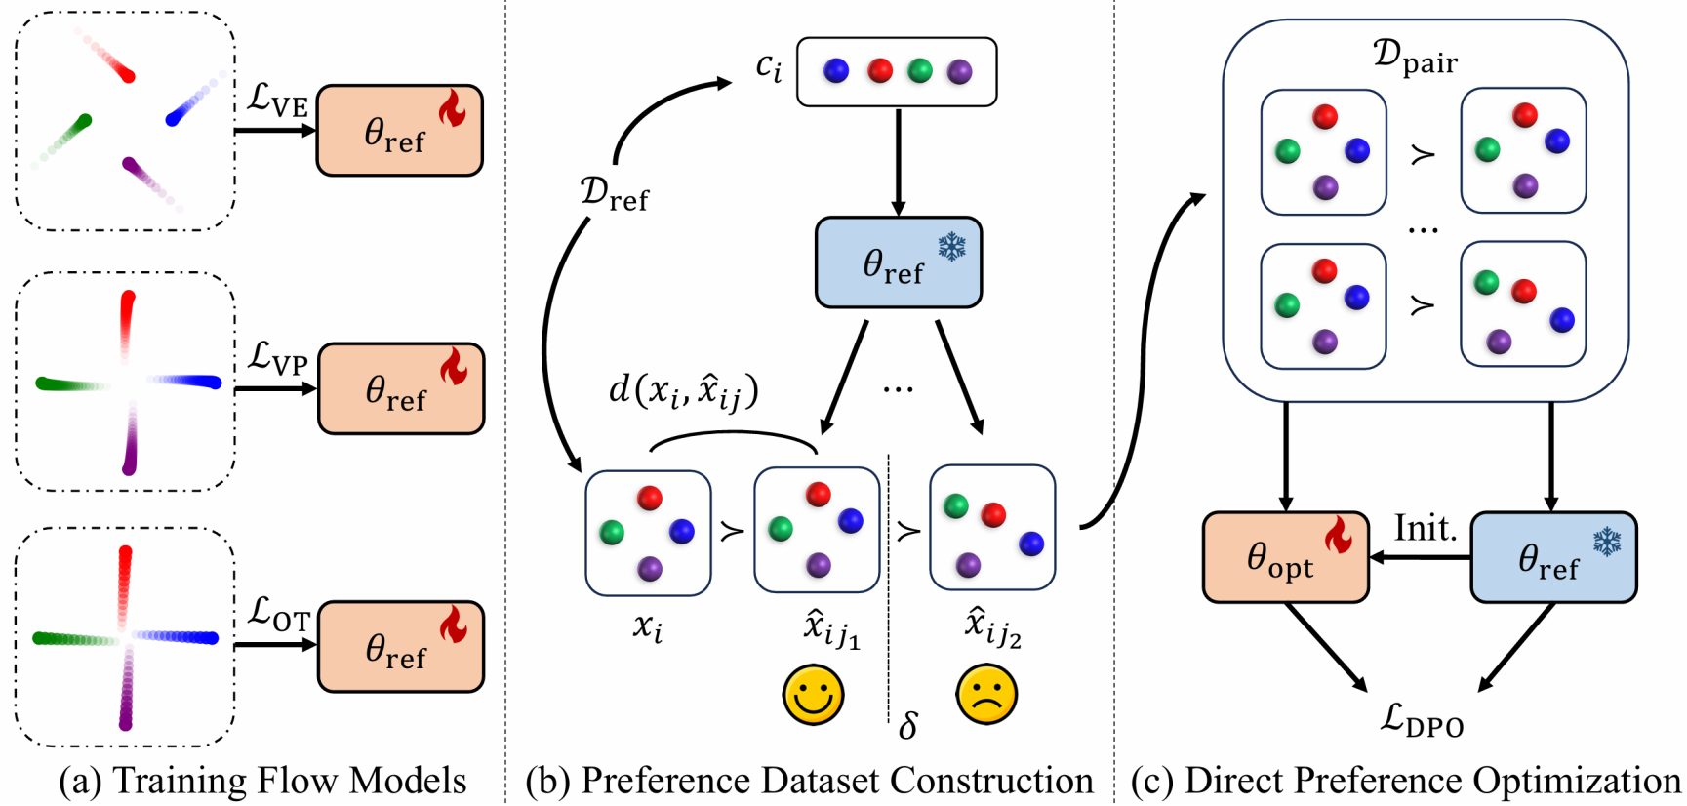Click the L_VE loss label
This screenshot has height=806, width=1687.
click(x=277, y=101)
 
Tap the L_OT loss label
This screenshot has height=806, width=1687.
click(x=278, y=615)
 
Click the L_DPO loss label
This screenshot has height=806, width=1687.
click(x=1422, y=721)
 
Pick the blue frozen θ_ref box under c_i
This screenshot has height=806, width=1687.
click(x=898, y=262)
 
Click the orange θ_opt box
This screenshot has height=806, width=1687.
click(x=1285, y=558)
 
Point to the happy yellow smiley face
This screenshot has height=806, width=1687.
click(x=813, y=696)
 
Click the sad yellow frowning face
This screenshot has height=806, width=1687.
click(x=986, y=696)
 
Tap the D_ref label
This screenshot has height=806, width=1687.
click(x=614, y=193)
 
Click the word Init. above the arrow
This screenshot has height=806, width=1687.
click(x=1425, y=529)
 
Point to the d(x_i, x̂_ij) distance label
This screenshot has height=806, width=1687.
click(x=683, y=391)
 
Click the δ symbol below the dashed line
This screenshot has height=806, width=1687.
click(x=907, y=726)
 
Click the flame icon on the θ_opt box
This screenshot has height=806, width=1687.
click(x=1339, y=535)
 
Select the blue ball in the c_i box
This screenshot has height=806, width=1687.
click(x=836, y=70)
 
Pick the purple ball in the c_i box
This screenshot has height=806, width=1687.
click(x=960, y=70)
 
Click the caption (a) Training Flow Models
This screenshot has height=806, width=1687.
click(x=261, y=782)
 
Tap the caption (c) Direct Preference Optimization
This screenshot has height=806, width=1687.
click(x=1405, y=782)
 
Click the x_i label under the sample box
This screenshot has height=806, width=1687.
click(x=647, y=626)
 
